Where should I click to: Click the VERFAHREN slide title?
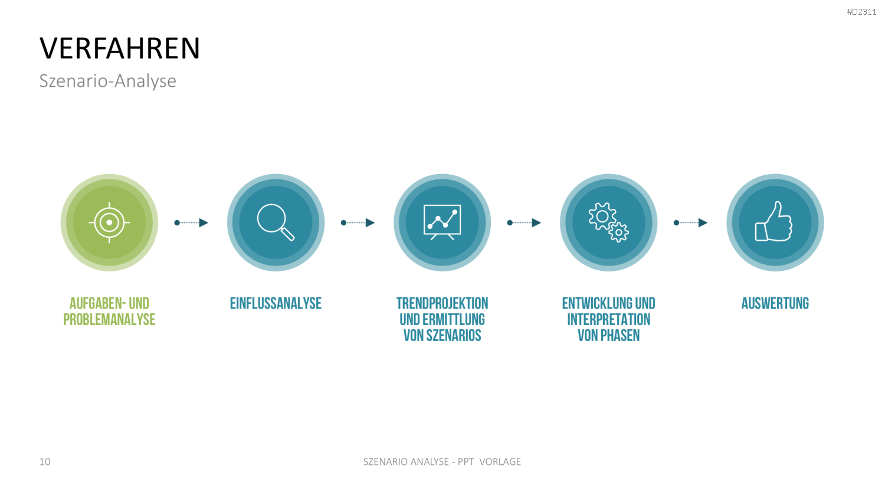(x=120, y=48)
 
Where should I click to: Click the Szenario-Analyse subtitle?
(x=108, y=81)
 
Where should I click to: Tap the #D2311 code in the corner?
(x=861, y=12)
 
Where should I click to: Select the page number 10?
(x=45, y=461)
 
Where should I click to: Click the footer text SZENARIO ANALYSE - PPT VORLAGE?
(x=442, y=461)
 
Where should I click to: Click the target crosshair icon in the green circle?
(x=109, y=222)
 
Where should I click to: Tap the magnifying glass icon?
(x=276, y=222)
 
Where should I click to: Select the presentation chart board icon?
(x=442, y=222)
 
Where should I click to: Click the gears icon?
(x=608, y=222)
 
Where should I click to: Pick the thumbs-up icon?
(x=773, y=221)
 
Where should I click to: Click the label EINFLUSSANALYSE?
(x=276, y=303)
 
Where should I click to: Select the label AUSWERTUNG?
(x=775, y=303)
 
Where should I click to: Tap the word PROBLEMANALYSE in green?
(x=109, y=319)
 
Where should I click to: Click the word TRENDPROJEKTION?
(x=442, y=303)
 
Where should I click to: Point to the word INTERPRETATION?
(x=608, y=319)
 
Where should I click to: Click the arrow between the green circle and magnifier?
(x=191, y=223)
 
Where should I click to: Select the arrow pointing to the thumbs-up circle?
(x=691, y=223)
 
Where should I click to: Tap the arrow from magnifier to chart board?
(x=358, y=223)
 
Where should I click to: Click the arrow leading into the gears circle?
(x=525, y=223)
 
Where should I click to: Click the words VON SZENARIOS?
(x=442, y=336)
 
